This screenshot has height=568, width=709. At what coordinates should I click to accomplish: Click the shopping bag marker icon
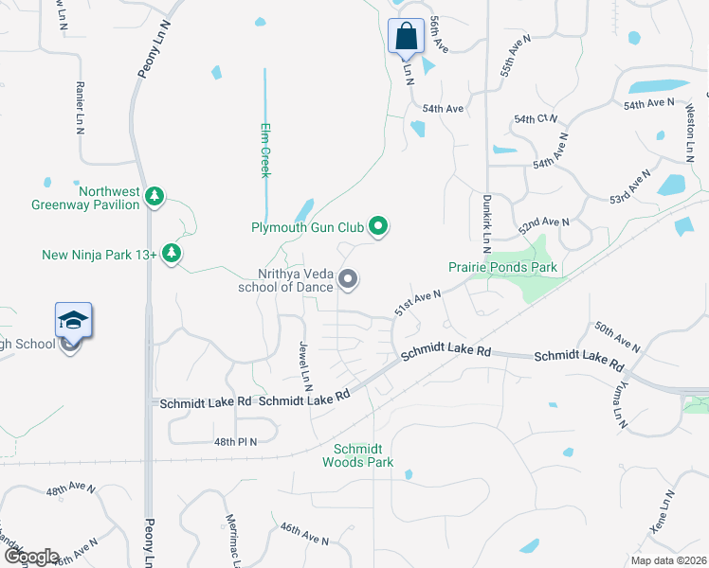[406, 37]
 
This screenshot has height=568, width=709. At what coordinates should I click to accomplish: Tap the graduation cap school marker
[72, 322]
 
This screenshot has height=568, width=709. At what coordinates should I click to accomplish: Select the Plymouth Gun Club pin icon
[378, 226]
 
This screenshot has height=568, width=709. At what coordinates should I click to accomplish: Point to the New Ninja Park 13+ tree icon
[172, 254]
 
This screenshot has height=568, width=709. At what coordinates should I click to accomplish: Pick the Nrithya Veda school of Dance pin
[348, 278]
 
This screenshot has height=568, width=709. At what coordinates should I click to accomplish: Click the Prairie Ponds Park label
[510, 268]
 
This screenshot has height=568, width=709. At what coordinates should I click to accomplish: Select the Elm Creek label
[266, 150]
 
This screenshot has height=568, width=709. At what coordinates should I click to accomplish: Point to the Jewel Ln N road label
[305, 366]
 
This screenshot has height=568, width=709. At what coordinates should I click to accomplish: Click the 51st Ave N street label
[419, 306]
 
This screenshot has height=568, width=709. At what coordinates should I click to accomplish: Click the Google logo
[32, 557]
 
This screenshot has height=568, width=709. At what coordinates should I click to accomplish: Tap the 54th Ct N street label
[536, 119]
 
